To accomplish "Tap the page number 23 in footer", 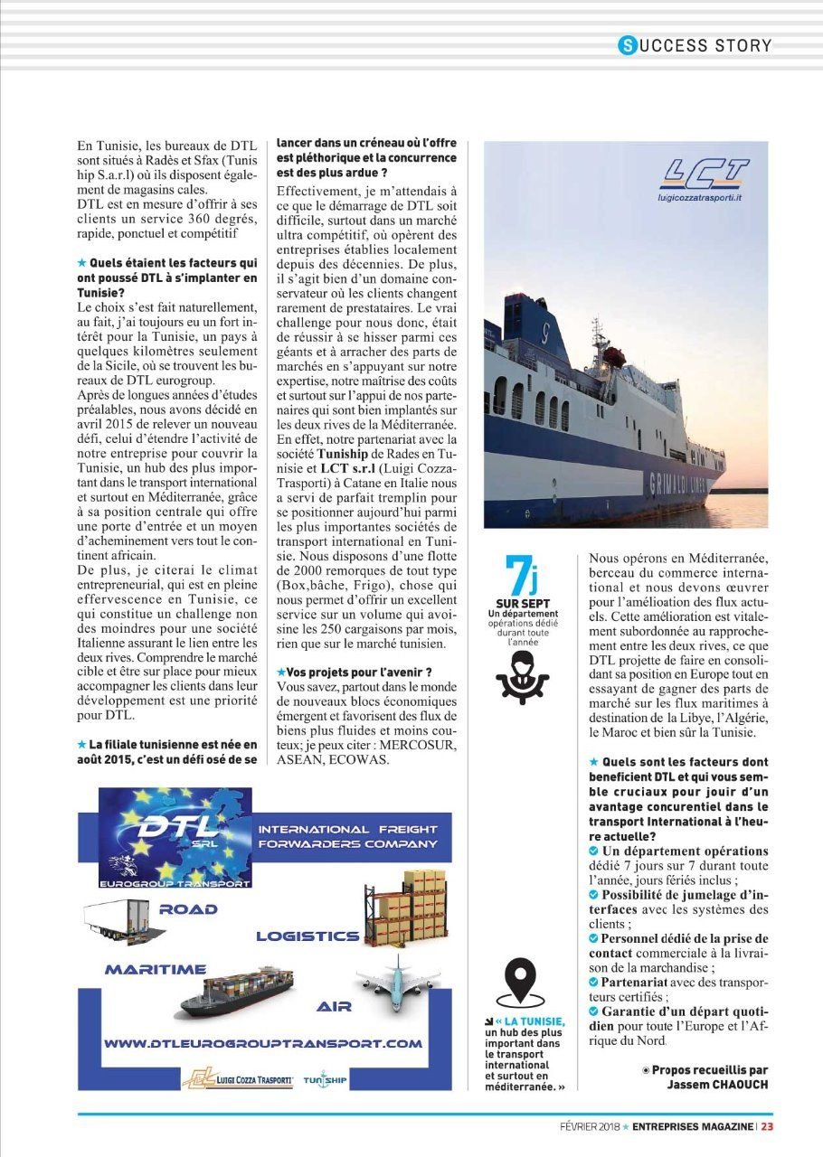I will (766, 1126).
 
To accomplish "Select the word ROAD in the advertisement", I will (187, 908).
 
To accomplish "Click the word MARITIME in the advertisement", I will (155, 969).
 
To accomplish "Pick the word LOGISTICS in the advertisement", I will (307, 936).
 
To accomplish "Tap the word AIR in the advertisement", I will (334, 1005).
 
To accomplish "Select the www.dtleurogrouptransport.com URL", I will (263, 1043).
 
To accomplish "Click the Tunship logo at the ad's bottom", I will (325, 1078).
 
